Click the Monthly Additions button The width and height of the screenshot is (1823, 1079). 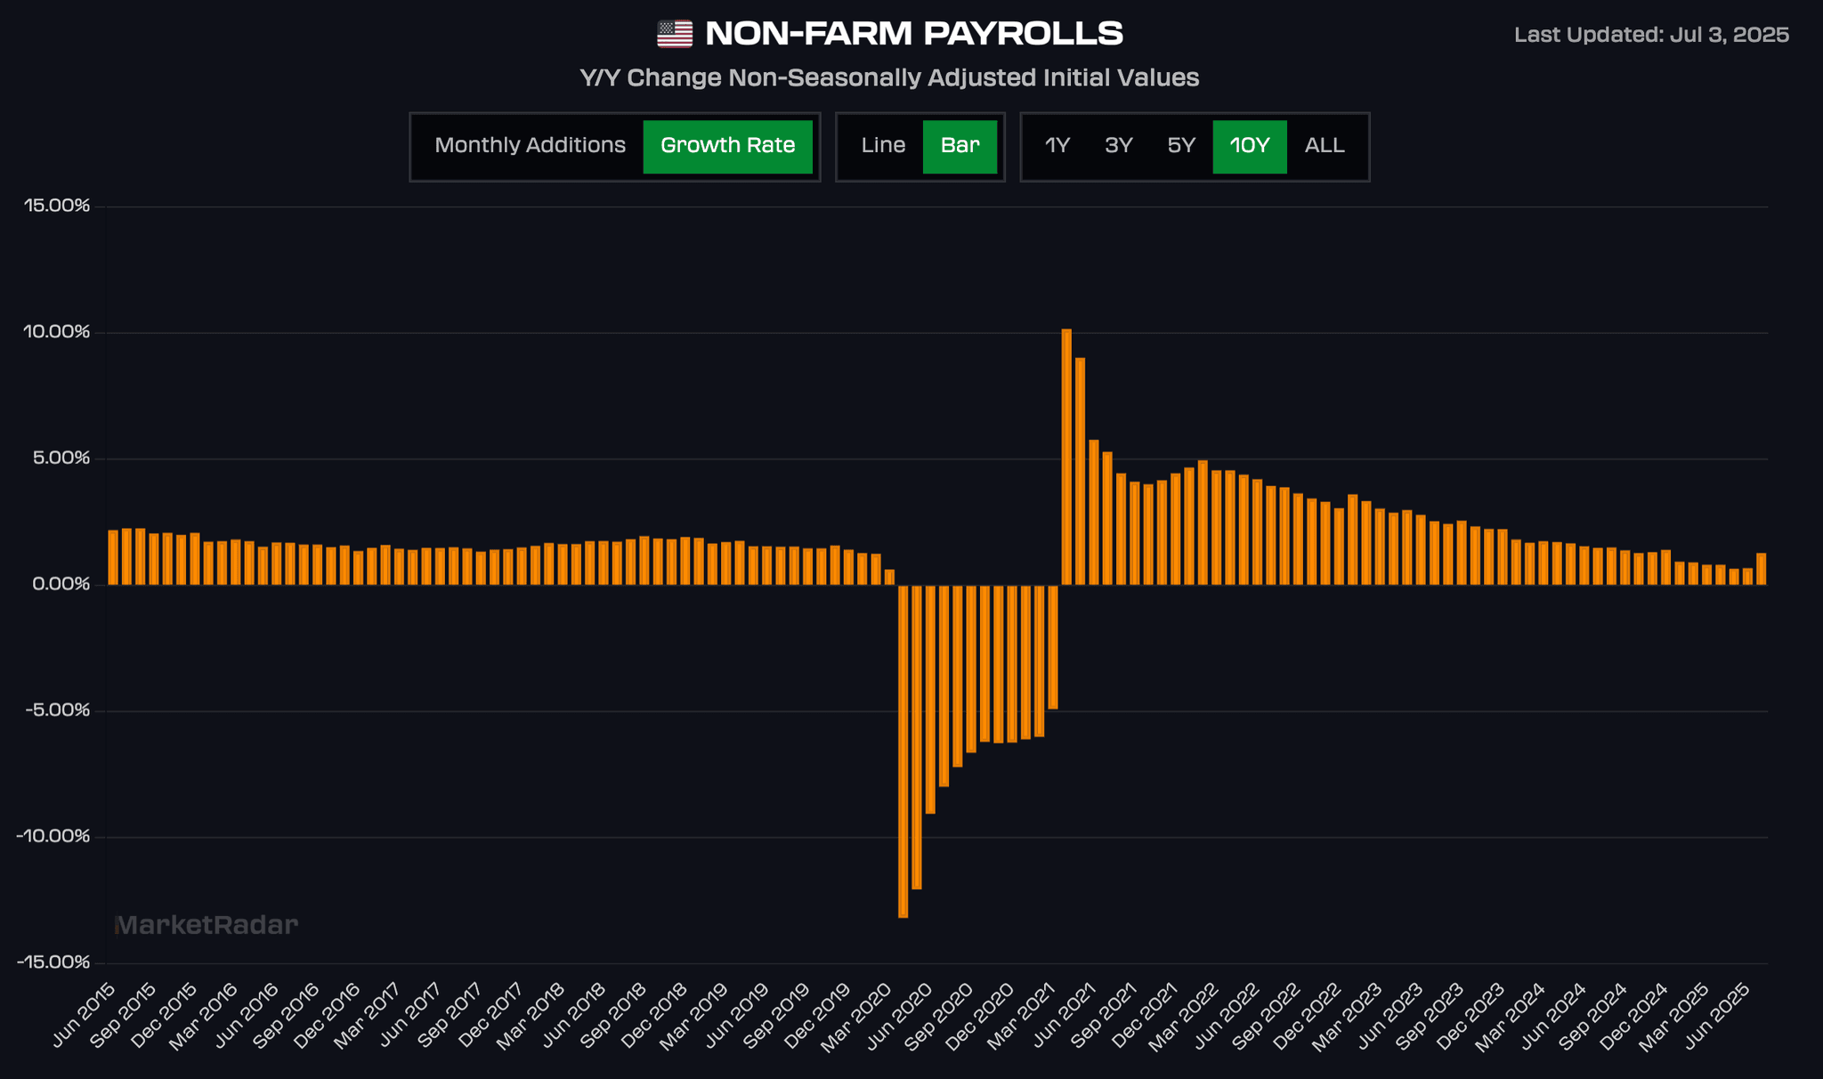coord(530,146)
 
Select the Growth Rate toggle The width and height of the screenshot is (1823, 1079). coord(727,146)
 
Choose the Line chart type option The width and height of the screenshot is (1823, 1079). coord(883,146)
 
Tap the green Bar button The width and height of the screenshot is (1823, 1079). coord(960,146)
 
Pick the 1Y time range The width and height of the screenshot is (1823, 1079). coord(1057,146)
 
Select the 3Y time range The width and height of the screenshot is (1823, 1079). coord(1118,146)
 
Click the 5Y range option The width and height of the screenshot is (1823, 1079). coord(1181,146)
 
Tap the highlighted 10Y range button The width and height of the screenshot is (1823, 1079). coord(1249,146)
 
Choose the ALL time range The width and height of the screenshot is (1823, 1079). coord(1325,146)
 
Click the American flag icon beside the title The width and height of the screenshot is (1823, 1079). coord(675,35)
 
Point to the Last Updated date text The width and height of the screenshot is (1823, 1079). coord(1651,36)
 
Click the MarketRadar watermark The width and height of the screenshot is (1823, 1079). coord(207,926)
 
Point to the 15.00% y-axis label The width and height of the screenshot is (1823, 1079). coord(57,207)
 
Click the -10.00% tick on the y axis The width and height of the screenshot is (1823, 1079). coord(53,837)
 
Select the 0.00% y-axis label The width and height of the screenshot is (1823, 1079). coord(61,585)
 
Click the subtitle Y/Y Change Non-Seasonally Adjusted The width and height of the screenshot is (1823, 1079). coord(889,78)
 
